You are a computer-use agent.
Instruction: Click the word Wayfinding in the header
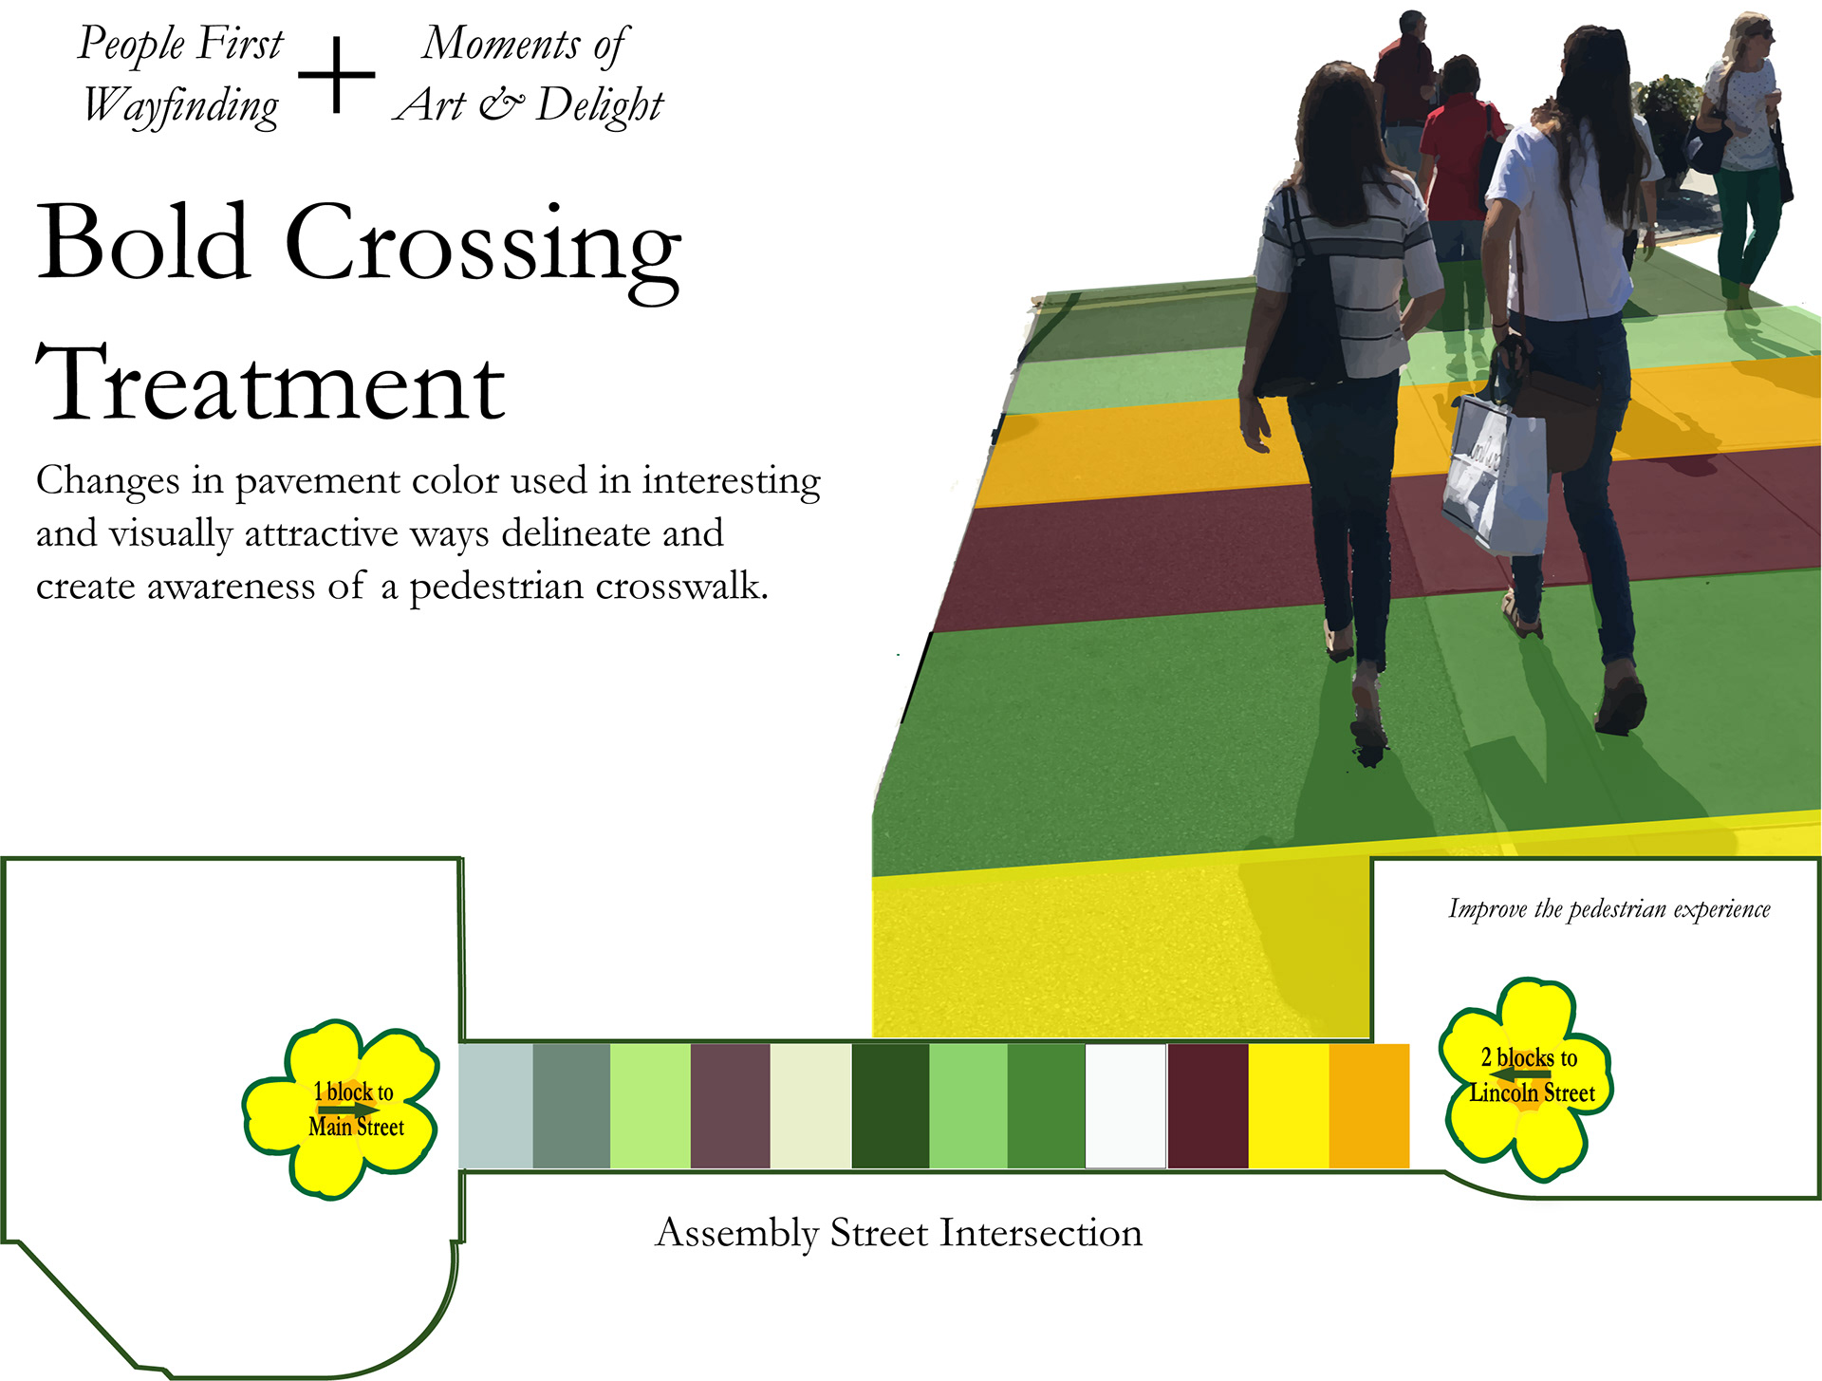point(180,105)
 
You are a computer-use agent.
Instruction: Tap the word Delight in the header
point(599,105)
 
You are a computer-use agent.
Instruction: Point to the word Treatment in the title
point(270,384)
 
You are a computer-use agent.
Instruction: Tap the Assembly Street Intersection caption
point(899,1233)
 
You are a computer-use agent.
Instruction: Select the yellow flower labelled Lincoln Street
point(1526,1078)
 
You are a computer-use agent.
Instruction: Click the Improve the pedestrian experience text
point(1608,909)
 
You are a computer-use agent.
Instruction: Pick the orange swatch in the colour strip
point(1368,1106)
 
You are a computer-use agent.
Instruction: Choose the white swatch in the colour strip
point(1125,1106)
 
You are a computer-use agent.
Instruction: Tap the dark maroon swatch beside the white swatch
point(1207,1106)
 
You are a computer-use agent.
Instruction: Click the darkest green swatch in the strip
point(890,1106)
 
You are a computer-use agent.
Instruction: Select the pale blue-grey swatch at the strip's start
point(495,1106)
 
